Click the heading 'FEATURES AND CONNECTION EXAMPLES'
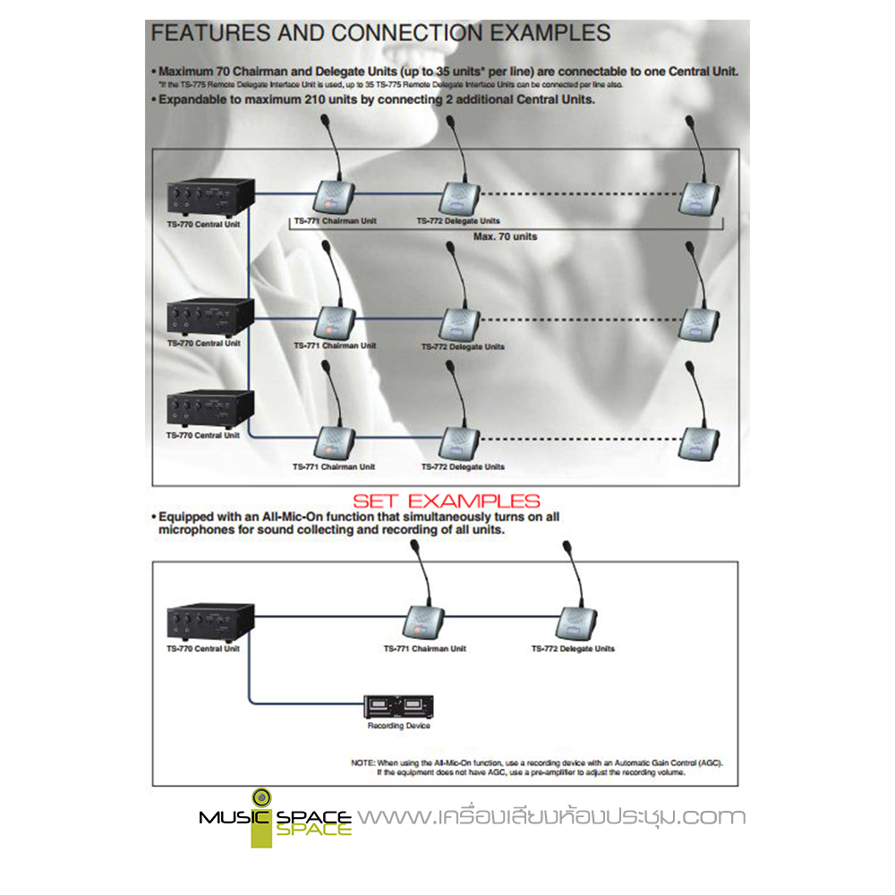coord(380,33)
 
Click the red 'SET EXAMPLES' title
coord(446,501)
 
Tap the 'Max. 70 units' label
coord(505,236)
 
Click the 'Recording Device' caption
coord(399,726)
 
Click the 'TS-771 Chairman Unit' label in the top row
coord(335,220)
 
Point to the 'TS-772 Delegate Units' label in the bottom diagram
coord(573,649)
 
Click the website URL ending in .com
coord(551,816)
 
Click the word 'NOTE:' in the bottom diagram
coord(363,763)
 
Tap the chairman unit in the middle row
coord(337,320)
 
